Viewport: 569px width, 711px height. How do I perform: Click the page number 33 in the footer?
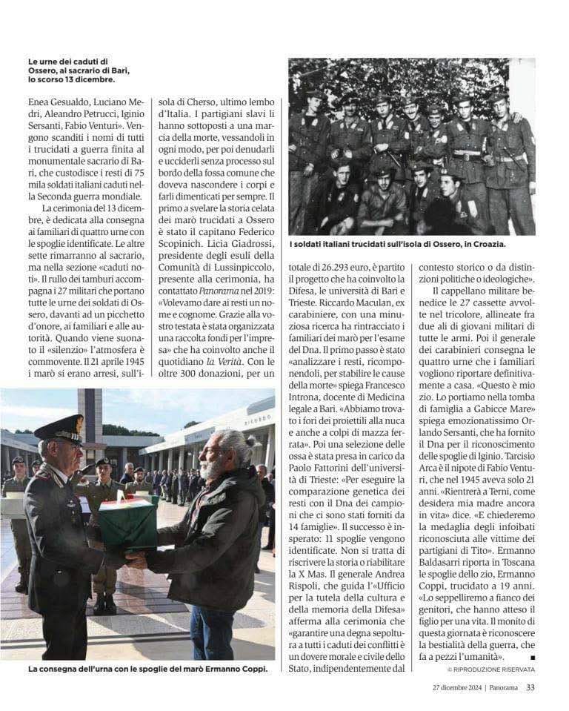[x=530, y=687]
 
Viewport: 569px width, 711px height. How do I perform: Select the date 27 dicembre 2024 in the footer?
[x=457, y=687]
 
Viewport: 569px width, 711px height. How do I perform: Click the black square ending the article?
[x=532, y=658]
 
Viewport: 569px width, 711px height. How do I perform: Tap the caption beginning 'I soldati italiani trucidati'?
[x=401, y=243]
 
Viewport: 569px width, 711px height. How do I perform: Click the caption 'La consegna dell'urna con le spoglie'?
[x=147, y=669]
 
